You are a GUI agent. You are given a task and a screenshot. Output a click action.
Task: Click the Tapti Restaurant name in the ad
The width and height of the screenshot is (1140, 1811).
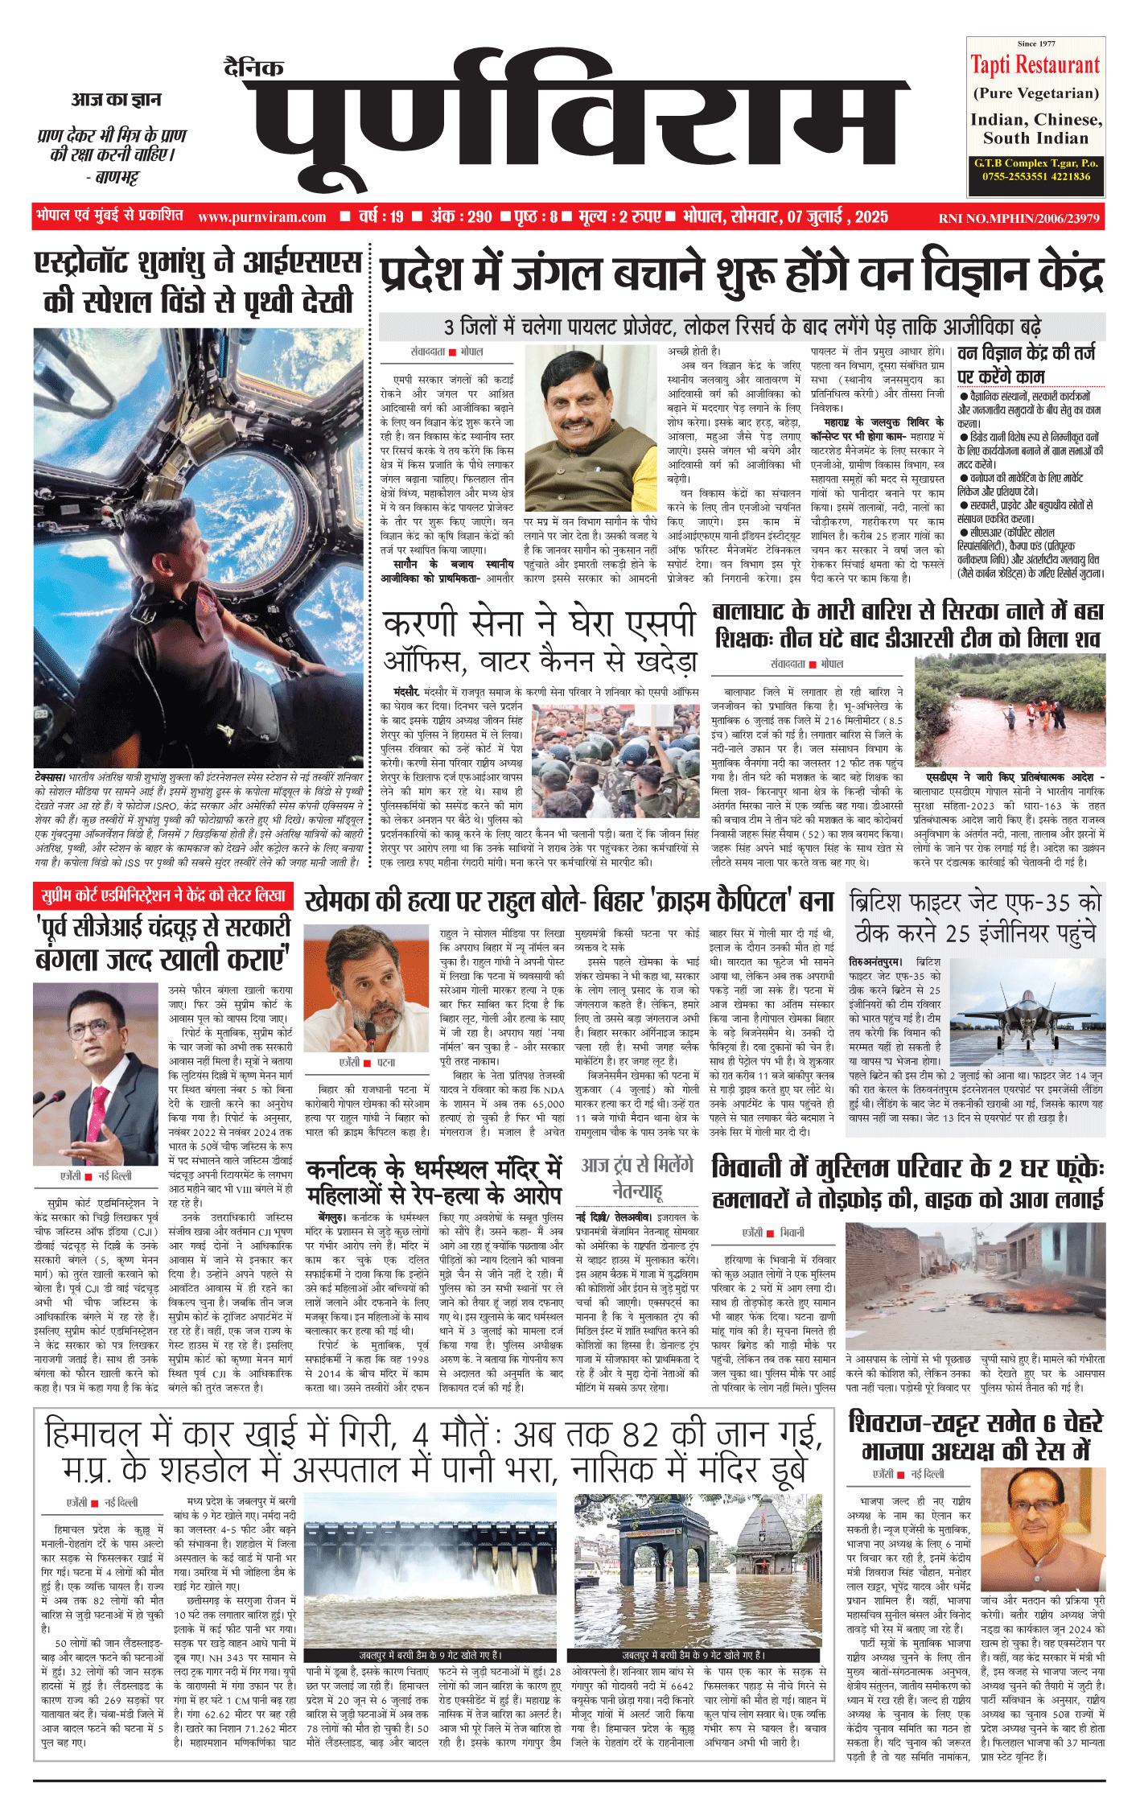(x=1035, y=65)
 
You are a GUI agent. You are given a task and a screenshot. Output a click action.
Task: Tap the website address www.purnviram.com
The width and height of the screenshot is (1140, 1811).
(x=261, y=216)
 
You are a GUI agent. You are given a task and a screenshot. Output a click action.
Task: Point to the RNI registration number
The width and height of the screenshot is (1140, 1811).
(x=1019, y=218)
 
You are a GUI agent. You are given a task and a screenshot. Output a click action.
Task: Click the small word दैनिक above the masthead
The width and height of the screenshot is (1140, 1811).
(x=253, y=68)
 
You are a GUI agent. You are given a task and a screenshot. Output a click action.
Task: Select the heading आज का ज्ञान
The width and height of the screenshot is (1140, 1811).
(x=116, y=100)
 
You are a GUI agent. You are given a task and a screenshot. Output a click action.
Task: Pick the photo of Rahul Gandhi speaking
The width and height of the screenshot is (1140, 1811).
(x=366, y=989)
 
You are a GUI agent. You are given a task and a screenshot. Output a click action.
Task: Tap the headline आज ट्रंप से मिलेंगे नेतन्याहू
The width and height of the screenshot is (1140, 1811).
(x=636, y=1177)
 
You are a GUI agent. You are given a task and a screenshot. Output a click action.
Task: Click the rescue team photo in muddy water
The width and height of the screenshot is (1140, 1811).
(x=1010, y=711)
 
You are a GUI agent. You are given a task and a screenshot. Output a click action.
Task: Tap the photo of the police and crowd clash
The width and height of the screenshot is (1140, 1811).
(x=616, y=750)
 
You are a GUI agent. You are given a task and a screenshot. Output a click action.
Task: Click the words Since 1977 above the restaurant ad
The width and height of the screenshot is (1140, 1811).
(x=1035, y=43)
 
